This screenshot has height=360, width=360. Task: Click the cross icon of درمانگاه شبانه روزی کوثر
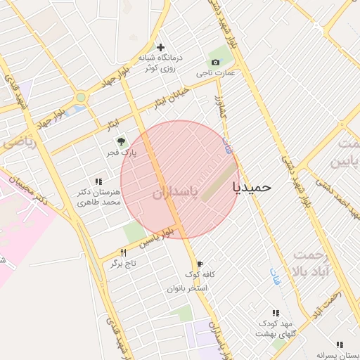(x=161, y=47)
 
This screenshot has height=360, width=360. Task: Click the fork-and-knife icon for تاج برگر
(x=124, y=252)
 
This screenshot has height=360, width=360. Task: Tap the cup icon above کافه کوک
(x=200, y=264)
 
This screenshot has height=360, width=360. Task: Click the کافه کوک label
(x=200, y=274)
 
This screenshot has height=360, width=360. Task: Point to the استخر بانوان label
(x=188, y=288)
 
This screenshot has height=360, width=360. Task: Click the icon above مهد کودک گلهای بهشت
(x=276, y=313)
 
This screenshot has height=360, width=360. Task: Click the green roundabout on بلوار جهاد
(x=81, y=98)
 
